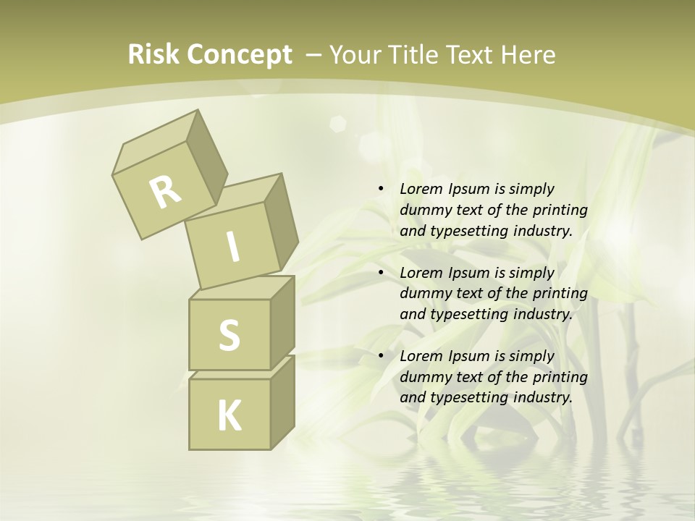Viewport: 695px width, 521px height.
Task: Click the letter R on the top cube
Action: tap(165, 192)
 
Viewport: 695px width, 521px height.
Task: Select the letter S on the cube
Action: tap(229, 335)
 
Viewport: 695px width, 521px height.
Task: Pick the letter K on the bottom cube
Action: tap(229, 416)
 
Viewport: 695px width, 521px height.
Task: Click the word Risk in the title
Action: tap(153, 55)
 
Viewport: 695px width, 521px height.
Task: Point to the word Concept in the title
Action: tap(239, 55)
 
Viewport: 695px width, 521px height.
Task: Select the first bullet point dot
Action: tap(381, 189)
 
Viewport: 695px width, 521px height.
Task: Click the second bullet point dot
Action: tap(381, 273)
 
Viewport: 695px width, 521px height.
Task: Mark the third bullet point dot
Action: tap(381, 356)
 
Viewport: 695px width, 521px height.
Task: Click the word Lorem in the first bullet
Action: tap(421, 189)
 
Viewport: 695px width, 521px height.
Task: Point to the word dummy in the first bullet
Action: tap(423, 210)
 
